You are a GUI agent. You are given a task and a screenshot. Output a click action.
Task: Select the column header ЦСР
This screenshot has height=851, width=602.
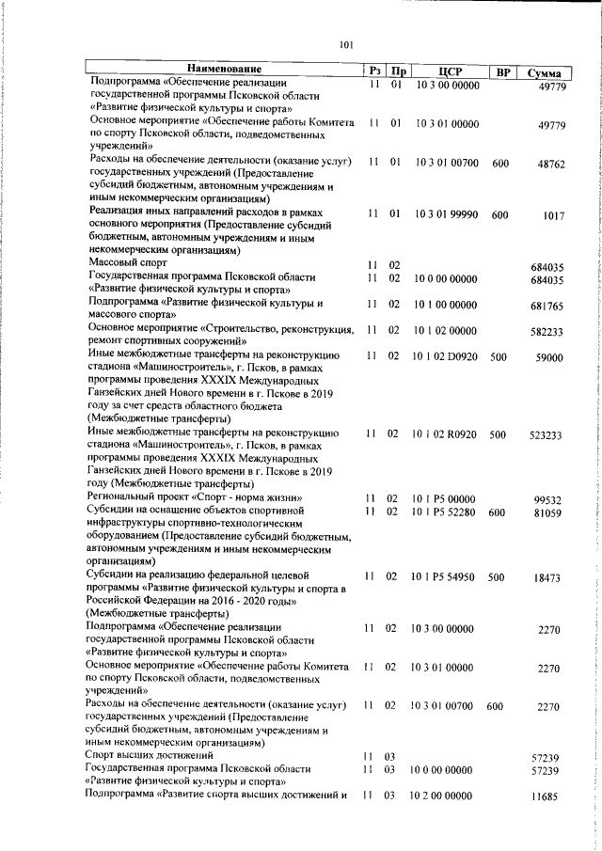pyautogui.click(x=448, y=71)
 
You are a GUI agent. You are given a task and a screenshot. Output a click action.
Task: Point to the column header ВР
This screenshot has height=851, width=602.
pyautogui.click(x=504, y=71)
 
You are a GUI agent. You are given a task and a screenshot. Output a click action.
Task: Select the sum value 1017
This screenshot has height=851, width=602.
pyautogui.click(x=553, y=216)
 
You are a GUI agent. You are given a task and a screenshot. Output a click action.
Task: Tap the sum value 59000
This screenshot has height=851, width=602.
pyautogui.click(x=548, y=358)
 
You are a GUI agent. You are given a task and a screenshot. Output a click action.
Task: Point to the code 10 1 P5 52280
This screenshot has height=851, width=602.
pyautogui.click(x=445, y=512)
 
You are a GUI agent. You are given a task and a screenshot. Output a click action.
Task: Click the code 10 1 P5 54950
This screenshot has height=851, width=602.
pyautogui.click(x=445, y=577)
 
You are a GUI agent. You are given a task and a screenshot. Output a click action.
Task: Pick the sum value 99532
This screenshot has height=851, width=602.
pyautogui.click(x=548, y=500)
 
